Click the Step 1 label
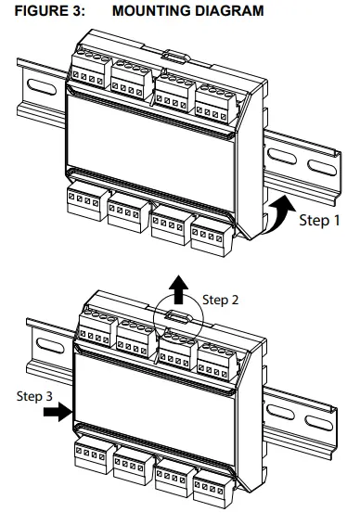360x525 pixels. pos(322,222)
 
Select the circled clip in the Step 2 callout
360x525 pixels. pos(177,314)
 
